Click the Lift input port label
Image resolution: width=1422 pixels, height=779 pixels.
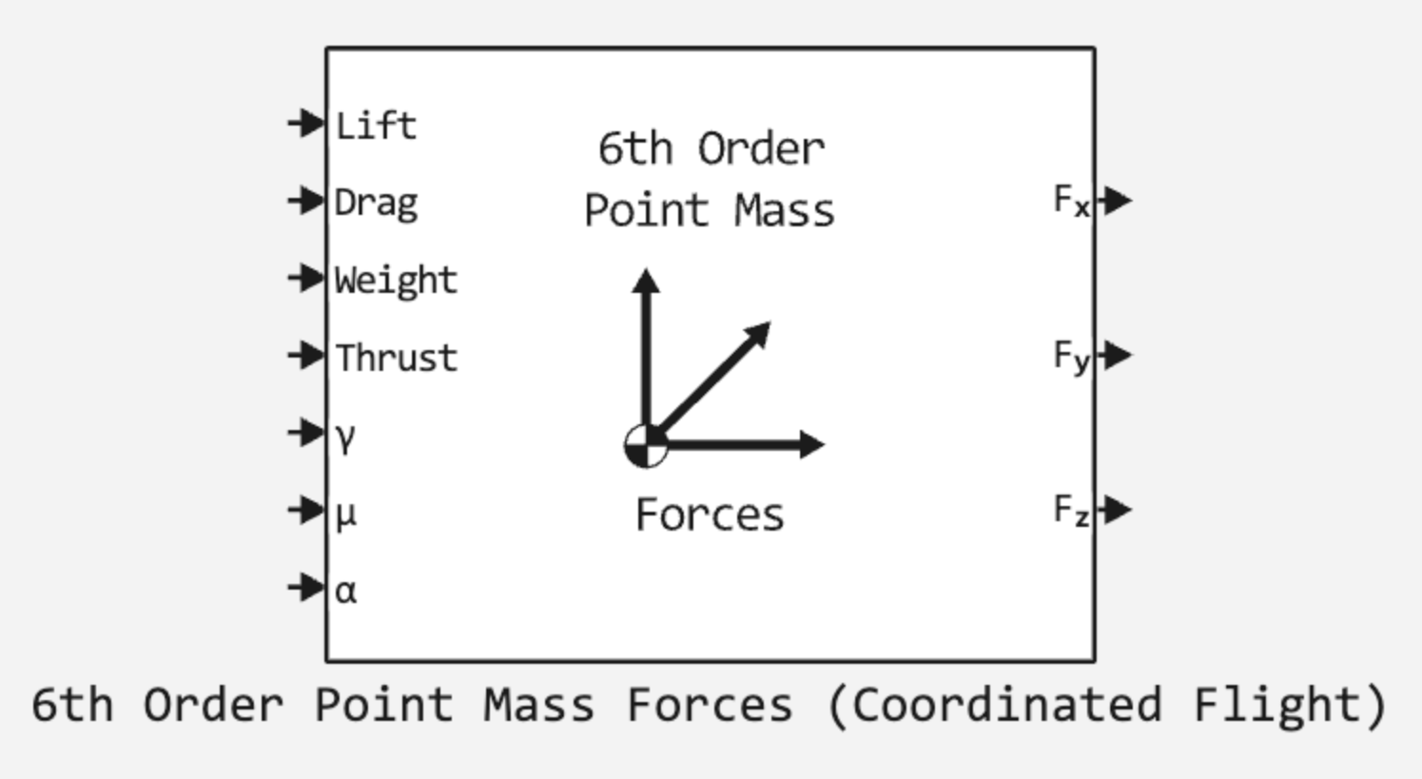click(376, 126)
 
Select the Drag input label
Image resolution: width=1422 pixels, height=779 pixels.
click(376, 204)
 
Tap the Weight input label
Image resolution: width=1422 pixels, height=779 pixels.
click(396, 281)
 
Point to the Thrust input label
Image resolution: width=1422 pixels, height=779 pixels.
click(396, 359)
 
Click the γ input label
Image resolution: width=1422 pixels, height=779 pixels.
click(345, 437)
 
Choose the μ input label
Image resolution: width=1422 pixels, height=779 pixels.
click(345, 515)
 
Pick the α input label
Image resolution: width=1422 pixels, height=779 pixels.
click(345, 592)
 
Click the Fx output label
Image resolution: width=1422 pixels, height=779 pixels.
click(1071, 201)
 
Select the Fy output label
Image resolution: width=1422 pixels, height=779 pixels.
click(1071, 357)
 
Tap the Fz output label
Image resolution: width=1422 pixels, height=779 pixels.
click(1071, 511)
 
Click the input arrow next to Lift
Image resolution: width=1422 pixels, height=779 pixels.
click(306, 123)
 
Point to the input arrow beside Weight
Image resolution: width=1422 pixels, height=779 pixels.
click(306, 278)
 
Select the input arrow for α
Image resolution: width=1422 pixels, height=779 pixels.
click(306, 587)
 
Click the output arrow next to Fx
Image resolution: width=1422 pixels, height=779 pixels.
click(1115, 200)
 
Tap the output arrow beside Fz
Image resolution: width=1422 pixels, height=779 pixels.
click(1115, 509)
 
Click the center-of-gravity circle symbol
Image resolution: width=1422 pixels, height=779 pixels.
click(646, 445)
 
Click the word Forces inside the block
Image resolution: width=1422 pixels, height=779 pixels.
click(710, 516)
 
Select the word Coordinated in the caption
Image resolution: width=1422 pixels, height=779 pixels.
click(1005, 706)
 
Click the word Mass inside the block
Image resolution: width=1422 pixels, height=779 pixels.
click(784, 210)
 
